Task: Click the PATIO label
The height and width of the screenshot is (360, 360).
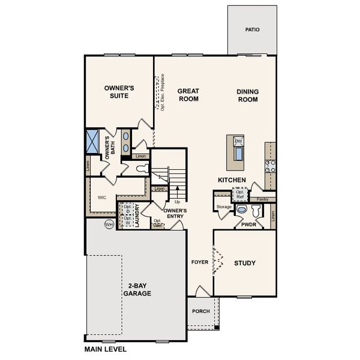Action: pos(253,29)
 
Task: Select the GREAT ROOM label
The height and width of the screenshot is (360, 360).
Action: pos(188,95)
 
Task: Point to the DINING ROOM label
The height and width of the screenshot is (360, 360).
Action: pos(247,95)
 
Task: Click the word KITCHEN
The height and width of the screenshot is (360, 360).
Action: pos(232,180)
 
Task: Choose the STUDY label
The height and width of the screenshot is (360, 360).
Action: pos(245,263)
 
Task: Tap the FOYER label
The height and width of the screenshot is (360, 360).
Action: pos(199,263)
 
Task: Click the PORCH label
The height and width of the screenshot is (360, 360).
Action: pos(200,311)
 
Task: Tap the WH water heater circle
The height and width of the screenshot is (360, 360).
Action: pos(109,224)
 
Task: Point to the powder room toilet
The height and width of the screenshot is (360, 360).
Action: pos(256,211)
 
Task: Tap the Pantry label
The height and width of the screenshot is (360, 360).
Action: pos(262,199)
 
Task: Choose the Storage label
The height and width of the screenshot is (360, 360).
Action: pos(224,207)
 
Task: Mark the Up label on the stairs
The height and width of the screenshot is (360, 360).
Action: pos(177,201)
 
